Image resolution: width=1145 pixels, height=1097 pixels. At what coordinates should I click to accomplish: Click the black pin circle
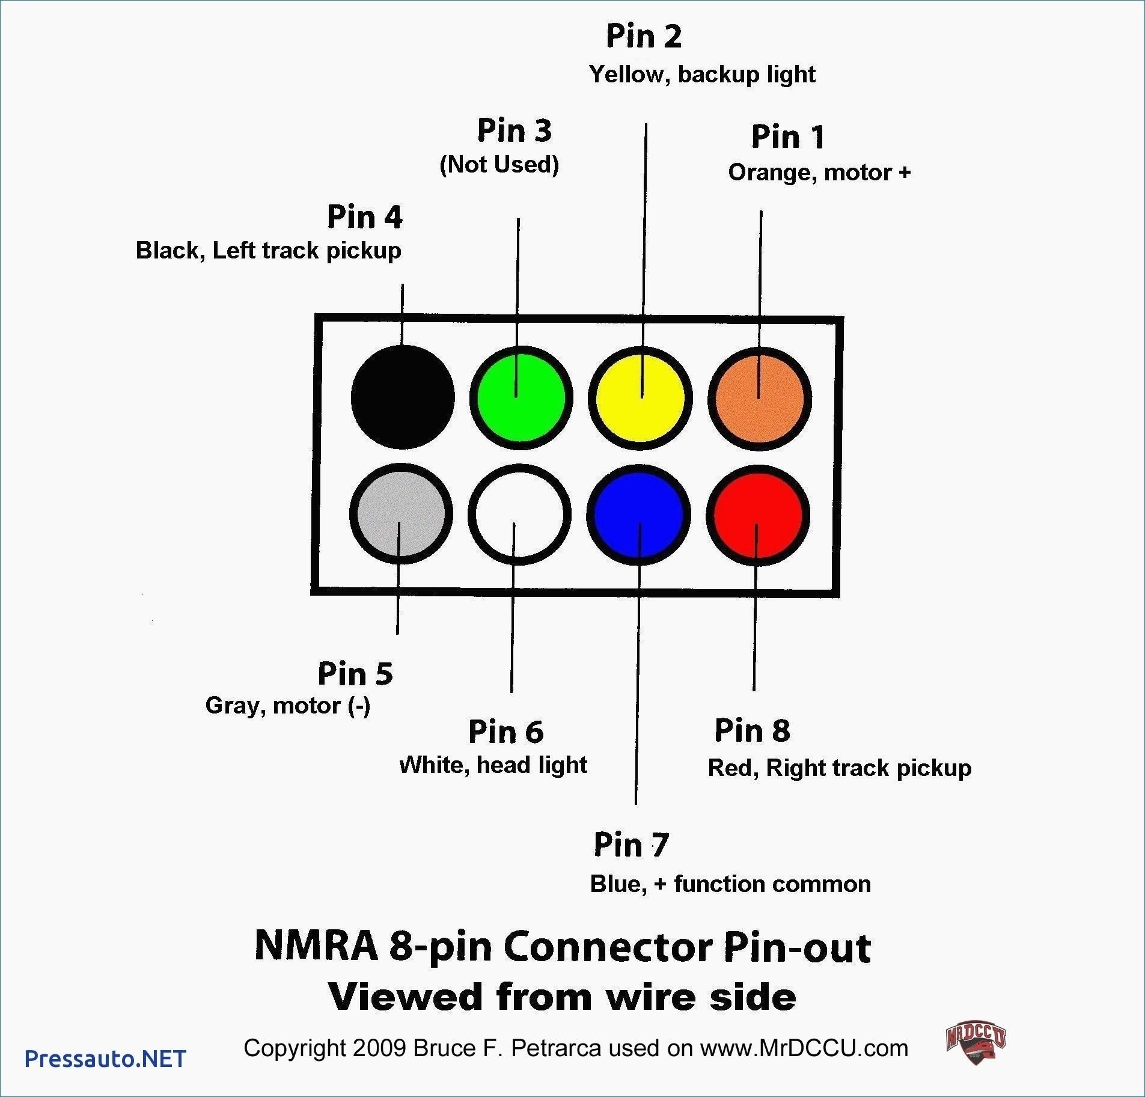click(403, 397)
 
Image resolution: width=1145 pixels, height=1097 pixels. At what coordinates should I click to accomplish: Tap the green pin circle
click(521, 397)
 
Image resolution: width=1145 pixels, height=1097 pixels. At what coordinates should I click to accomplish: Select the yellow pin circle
click(640, 397)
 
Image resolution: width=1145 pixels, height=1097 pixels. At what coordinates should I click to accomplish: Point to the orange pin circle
click(760, 397)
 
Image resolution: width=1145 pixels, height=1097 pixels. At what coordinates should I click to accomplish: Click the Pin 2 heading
click(644, 36)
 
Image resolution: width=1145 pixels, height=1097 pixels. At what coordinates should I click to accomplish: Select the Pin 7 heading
click(631, 845)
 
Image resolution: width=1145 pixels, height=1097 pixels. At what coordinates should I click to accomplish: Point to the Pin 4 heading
click(364, 216)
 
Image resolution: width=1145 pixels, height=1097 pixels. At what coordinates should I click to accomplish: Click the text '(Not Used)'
click(499, 164)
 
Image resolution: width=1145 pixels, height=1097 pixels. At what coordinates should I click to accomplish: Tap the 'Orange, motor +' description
click(819, 173)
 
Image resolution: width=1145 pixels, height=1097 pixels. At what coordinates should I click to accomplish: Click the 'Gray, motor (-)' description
click(287, 705)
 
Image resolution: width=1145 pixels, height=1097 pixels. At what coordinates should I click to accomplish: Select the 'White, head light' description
click(493, 765)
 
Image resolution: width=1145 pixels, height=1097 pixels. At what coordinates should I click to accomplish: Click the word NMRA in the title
click(316, 946)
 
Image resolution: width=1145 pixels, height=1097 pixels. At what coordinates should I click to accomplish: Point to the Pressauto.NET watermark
click(105, 1058)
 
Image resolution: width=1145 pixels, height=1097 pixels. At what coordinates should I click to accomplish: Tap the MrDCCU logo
click(975, 1045)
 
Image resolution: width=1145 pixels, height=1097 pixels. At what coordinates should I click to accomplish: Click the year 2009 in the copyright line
click(379, 1048)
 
